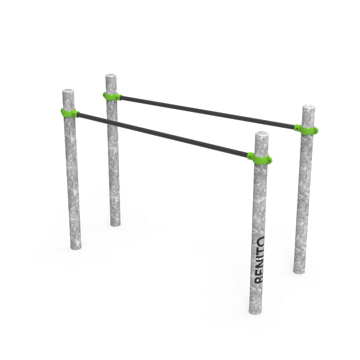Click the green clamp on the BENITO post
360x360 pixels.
tap(260, 158)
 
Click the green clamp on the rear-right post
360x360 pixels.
tap(307, 129)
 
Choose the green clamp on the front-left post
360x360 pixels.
tap(69, 113)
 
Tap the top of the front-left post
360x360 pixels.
tap(68, 91)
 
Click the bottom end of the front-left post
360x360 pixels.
tap(76, 247)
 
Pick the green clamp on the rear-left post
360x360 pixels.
tap(112, 96)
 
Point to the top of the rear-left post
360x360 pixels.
tap(111, 76)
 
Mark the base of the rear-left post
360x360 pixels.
tap(115, 224)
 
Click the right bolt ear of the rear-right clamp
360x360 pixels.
tap(316, 131)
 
